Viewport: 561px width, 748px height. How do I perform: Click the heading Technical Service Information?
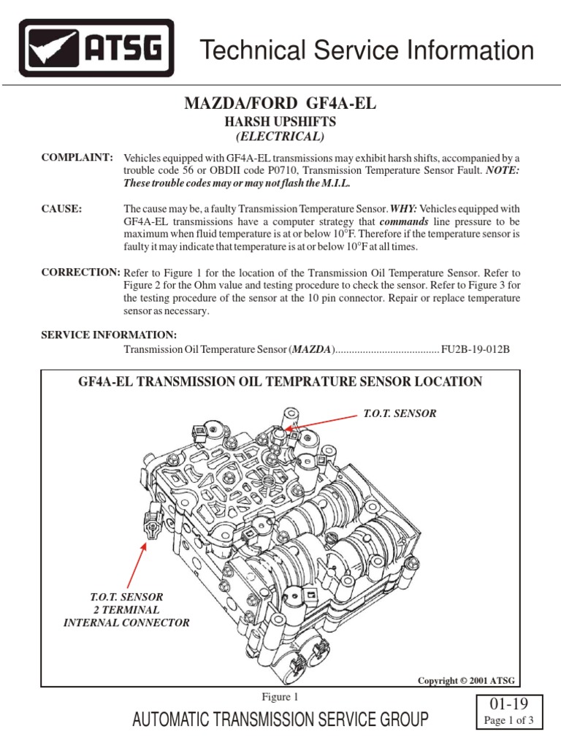pyautogui.click(x=367, y=51)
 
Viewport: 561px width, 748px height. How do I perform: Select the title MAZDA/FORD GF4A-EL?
pyautogui.click(x=281, y=104)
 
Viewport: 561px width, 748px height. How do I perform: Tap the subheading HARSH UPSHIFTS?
pyautogui.click(x=280, y=122)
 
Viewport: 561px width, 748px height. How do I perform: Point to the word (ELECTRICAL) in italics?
pyautogui.click(x=280, y=136)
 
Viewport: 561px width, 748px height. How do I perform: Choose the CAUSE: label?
pyautogui.click(x=61, y=209)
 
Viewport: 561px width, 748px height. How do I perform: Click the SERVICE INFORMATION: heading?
pyautogui.click(x=108, y=335)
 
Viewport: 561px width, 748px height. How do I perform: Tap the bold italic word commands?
pyautogui.click(x=404, y=221)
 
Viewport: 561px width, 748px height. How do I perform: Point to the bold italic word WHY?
pyautogui.click(x=383, y=209)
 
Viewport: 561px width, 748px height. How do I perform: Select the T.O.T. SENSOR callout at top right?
pyautogui.click(x=400, y=413)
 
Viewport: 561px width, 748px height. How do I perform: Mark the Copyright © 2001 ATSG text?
pyautogui.click(x=466, y=680)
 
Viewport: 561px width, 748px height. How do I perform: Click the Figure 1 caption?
pyautogui.click(x=280, y=697)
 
